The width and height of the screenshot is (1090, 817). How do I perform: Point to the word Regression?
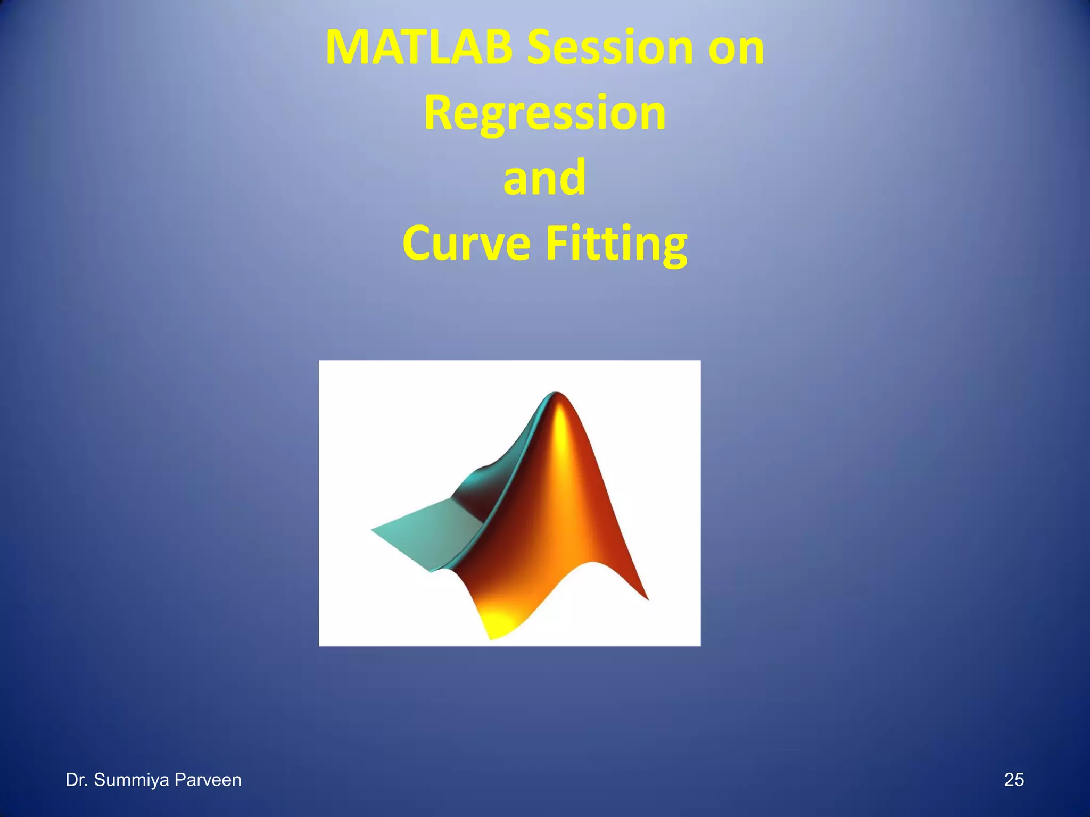click(x=544, y=113)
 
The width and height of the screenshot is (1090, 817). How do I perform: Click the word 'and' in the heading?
click(x=544, y=178)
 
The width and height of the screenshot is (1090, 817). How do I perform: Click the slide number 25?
click(x=1014, y=780)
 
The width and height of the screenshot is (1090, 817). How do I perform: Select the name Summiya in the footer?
click(x=131, y=780)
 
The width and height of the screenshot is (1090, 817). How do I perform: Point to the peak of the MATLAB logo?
click(x=557, y=395)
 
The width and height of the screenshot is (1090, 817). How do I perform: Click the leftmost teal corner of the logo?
click(x=374, y=530)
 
